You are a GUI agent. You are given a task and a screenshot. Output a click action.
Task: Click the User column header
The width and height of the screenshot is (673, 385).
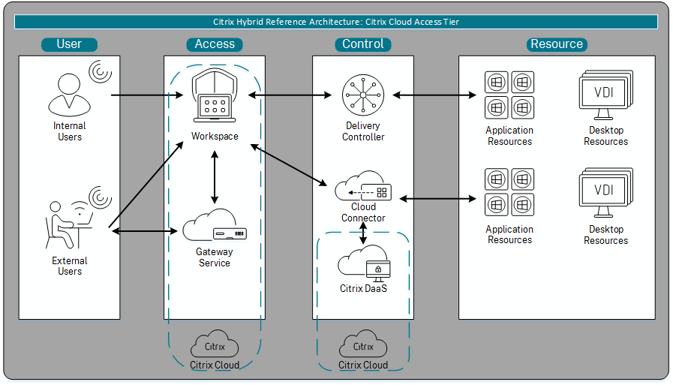coord(69,44)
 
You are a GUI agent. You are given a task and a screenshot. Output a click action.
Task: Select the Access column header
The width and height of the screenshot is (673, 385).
coord(215,44)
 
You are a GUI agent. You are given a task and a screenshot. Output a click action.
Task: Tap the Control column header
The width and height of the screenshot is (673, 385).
coord(363,44)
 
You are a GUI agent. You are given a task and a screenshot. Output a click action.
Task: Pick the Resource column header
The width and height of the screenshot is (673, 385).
coord(557,44)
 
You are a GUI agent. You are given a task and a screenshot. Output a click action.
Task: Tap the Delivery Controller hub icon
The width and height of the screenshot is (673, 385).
coord(363,95)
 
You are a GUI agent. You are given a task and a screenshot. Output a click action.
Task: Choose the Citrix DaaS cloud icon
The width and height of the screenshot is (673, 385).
coord(364,263)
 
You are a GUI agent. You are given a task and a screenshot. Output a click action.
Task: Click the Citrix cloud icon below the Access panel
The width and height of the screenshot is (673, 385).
coord(215,346)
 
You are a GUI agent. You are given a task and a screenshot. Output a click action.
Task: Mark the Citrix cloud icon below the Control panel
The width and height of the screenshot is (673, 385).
coord(363,346)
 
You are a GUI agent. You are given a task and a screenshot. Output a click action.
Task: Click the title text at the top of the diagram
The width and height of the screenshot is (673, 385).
coord(336,22)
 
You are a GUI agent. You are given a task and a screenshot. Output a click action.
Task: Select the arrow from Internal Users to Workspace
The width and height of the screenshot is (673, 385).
coord(150,96)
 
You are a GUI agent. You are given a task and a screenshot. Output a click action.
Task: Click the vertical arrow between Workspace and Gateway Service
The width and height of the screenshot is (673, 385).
coord(215,176)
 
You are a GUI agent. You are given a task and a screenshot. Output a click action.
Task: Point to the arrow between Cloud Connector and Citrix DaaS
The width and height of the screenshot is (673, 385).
coord(364,233)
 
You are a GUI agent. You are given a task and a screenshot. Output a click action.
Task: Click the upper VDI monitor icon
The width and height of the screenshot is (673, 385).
coord(604,95)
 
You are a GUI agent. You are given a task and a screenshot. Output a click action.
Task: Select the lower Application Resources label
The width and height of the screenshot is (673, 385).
coord(509,235)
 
